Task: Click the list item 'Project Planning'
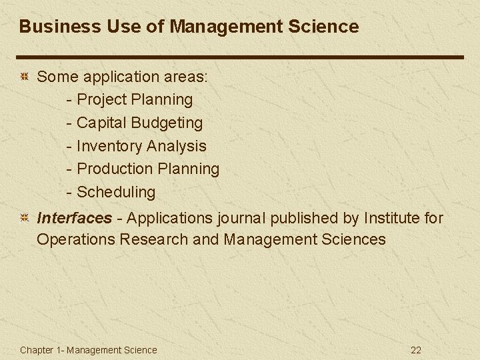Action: pyautogui.click(x=135, y=100)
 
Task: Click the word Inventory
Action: pyautogui.click(x=109, y=146)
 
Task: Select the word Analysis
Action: pyautogui.click(x=176, y=146)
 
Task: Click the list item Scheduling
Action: pyautogui.click(x=116, y=192)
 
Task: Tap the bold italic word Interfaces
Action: pyautogui.click(x=75, y=218)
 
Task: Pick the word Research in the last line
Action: pyautogui.click(x=154, y=239)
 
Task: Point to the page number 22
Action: pyautogui.click(x=416, y=350)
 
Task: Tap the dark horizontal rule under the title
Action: pyautogui.click(x=240, y=57)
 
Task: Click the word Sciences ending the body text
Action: pyautogui.click(x=353, y=239)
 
